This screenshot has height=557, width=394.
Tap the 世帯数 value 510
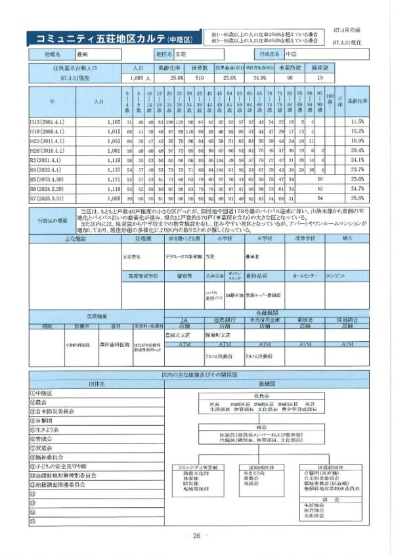point(200,77)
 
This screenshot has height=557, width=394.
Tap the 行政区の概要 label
point(51,221)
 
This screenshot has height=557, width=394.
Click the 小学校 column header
point(221,239)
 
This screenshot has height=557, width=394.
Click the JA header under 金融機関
point(184,320)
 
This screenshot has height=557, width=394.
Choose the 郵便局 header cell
point(305,320)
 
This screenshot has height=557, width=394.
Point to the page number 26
point(196,536)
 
